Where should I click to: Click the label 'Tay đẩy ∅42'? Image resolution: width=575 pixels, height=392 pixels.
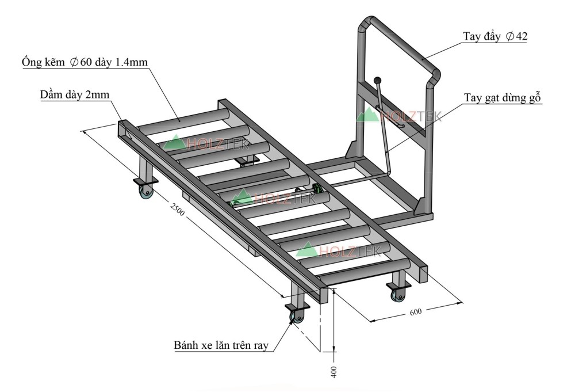click(x=495, y=36)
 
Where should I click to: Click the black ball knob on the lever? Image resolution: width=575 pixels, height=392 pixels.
click(x=378, y=81)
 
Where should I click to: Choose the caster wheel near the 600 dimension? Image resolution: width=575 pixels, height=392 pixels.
click(x=397, y=295)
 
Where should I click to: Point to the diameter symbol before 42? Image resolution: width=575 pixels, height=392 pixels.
click(x=509, y=36)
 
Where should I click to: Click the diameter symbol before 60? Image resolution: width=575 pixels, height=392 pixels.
click(x=74, y=62)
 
